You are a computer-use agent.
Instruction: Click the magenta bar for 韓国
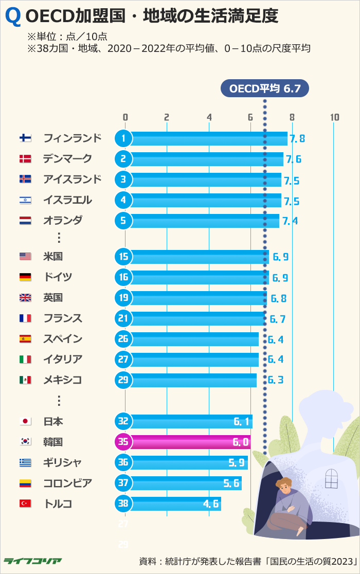[x=190, y=442]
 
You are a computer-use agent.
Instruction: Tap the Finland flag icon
[x=25, y=138]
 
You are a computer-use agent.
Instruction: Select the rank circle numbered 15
[x=123, y=257]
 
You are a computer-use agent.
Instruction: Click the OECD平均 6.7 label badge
[x=264, y=88]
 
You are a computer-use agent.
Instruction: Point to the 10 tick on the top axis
[x=334, y=117]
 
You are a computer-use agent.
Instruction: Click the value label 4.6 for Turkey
[x=211, y=504]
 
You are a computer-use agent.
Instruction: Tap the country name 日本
[x=53, y=421]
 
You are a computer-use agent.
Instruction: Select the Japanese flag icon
[x=25, y=422]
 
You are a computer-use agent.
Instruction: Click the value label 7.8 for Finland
[x=297, y=138]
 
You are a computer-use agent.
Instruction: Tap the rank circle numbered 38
[x=123, y=504]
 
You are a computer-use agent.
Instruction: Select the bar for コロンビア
[x=185, y=483]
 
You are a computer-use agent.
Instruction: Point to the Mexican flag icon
[x=25, y=380]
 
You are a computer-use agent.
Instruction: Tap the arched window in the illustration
[x=331, y=478]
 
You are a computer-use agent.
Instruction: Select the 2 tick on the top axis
[x=167, y=117]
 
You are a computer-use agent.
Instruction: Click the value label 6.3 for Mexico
[x=276, y=381]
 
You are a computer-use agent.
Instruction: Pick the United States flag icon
[x=25, y=257]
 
